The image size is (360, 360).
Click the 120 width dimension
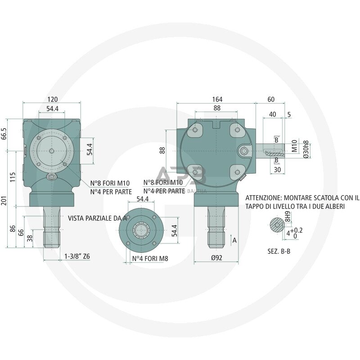[x=53, y=99]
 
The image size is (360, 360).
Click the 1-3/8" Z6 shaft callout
[x=77, y=256]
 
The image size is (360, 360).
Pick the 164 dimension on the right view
[x=217, y=99]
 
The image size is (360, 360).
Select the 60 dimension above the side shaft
[x=270, y=99]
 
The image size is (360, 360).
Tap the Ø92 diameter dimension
[x=217, y=258]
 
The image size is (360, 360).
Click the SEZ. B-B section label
[x=279, y=252]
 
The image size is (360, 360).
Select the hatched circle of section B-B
[x=275, y=225]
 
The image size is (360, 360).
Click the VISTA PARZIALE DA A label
[x=97, y=218]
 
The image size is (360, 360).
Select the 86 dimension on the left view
[x=13, y=228]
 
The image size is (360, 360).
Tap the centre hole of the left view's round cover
[x=53, y=151]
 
